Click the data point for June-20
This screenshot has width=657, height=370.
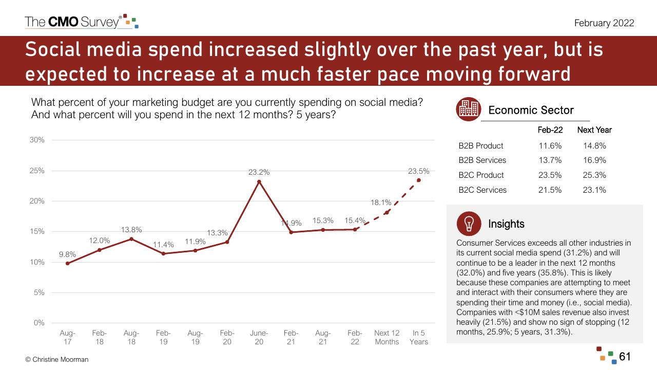(x=259, y=182)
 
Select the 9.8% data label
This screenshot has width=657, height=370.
(x=67, y=254)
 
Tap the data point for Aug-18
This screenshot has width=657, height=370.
(x=131, y=239)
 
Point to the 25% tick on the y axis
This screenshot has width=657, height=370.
(x=37, y=171)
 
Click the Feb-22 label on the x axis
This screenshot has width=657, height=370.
(x=355, y=338)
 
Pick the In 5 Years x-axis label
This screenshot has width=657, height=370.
(x=419, y=338)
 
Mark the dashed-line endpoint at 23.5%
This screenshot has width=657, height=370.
(x=419, y=180)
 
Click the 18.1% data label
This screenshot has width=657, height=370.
(x=381, y=202)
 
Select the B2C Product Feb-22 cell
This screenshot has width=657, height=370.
(x=550, y=175)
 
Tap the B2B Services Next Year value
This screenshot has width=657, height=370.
(x=594, y=160)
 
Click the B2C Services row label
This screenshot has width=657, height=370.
(x=482, y=190)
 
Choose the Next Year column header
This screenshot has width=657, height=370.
(x=594, y=130)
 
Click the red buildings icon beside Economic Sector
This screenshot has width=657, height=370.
(x=469, y=109)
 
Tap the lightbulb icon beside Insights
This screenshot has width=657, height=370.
(x=469, y=224)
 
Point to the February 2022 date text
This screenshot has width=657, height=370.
(x=604, y=23)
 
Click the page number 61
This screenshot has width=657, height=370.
(x=625, y=357)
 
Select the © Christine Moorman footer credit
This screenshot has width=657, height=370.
(x=57, y=359)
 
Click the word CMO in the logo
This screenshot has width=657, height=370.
(x=63, y=22)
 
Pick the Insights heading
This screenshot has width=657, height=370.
(x=506, y=224)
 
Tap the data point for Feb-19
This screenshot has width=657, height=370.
(x=163, y=254)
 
